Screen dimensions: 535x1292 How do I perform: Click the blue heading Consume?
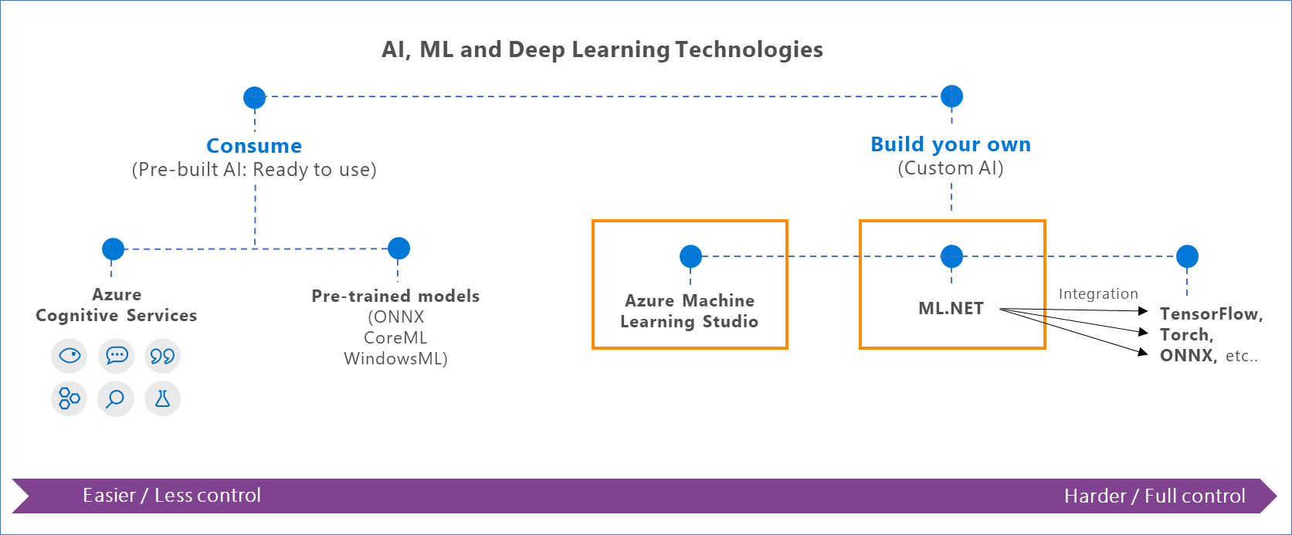(x=254, y=146)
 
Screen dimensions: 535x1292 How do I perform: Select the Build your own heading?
(x=950, y=144)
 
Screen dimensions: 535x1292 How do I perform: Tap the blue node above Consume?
(x=254, y=98)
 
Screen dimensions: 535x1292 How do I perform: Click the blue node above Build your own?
(x=951, y=97)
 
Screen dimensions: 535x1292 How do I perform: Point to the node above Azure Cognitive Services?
(x=113, y=249)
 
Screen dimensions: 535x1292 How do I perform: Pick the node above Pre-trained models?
(x=398, y=248)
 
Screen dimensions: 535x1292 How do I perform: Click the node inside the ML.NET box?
(x=951, y=256)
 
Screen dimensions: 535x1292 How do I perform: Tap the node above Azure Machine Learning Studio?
(x=690, y=256)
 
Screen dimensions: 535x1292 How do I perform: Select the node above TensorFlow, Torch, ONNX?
(x=1187, y=256)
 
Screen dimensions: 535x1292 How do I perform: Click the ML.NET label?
(x=951, y=308)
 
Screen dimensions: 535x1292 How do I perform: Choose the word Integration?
(x=1097, y=294)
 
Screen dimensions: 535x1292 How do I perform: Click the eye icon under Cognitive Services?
(x=70, y=356)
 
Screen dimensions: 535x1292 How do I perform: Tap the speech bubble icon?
(x=117, y=356)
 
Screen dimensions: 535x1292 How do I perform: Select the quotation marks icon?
(x=162, y=356)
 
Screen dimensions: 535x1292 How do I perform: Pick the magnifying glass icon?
(x=116, y=398)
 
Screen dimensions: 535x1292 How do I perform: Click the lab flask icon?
(x=162, y=398)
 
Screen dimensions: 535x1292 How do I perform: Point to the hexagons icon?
(x=70, y=398)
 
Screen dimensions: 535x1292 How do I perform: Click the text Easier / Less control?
(x=171, y=496)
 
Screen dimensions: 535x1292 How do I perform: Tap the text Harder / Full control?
(x=1155, y=496)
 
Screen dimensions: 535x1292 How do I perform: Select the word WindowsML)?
(x=395, y=358)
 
